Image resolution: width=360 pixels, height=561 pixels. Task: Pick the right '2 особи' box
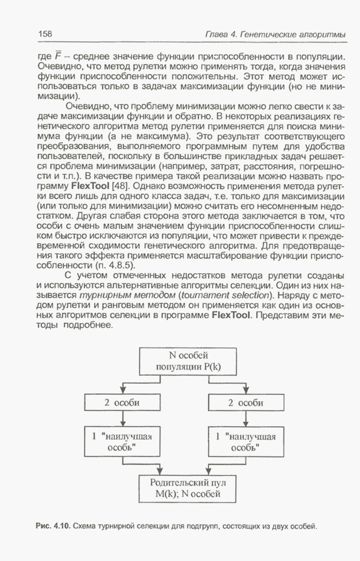(245, 403)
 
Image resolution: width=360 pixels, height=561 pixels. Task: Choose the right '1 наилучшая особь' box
(245, 440)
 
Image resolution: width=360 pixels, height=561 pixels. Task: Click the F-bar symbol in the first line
(57, 56)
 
